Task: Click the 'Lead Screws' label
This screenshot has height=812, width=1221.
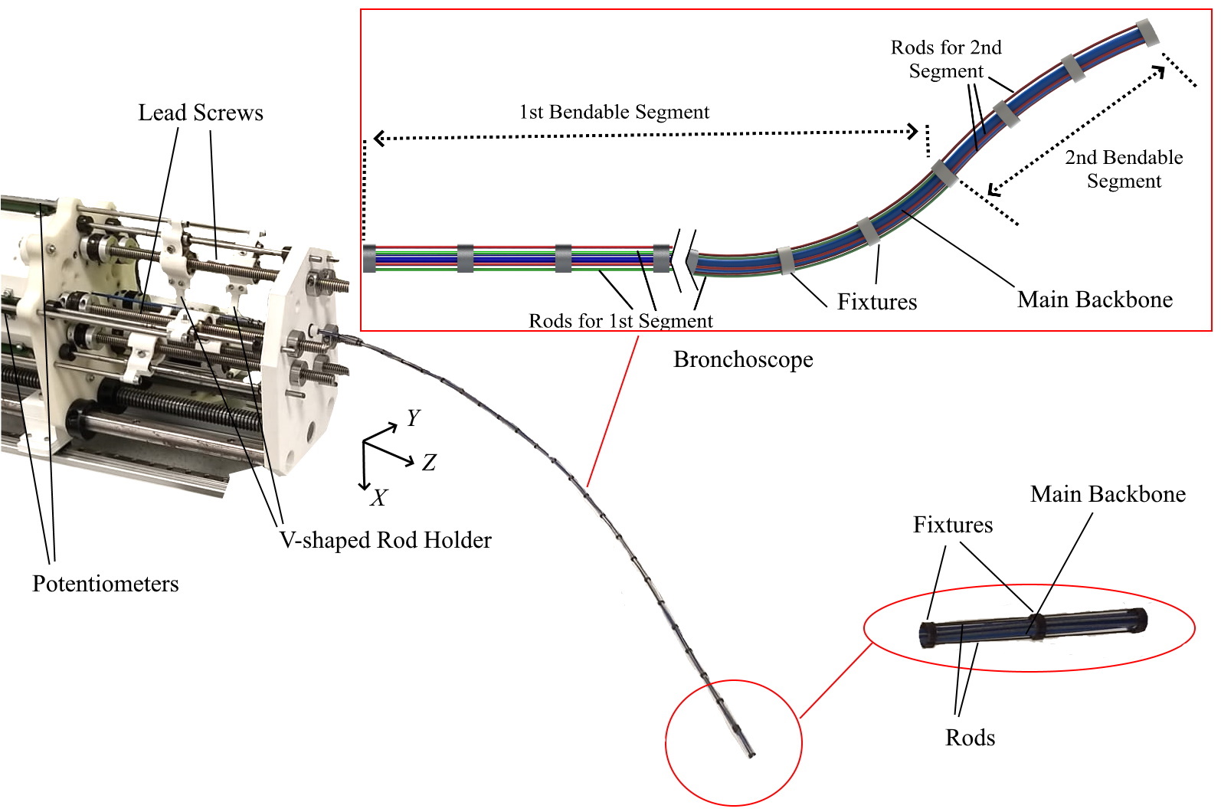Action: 201,113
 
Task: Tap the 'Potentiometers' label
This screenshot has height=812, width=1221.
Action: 106,584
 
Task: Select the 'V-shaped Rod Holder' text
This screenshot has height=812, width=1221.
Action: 385,540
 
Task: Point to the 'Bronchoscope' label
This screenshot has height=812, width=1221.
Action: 743,359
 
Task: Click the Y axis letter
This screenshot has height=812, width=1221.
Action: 414,417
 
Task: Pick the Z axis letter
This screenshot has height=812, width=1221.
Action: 429,463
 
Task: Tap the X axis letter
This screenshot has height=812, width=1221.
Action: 378,499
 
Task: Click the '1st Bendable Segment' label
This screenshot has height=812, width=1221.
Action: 614,112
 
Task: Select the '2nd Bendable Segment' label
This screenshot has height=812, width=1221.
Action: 1124,169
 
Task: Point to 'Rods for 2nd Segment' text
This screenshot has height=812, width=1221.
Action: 946,59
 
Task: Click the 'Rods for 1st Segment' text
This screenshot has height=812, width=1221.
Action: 620,321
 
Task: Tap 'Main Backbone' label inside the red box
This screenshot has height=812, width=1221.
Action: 1095,300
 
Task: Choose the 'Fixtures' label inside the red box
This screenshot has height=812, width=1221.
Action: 877,302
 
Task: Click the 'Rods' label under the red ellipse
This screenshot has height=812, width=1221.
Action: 971,738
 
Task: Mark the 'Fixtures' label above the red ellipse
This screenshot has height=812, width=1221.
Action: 953,525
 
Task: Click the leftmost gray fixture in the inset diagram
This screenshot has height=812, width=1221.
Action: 369,258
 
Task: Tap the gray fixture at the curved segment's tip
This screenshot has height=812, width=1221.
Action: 1147,32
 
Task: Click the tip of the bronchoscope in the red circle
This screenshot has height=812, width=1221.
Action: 751,755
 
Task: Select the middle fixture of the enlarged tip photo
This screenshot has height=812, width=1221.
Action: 1036,626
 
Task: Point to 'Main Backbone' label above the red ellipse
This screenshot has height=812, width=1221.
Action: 1108,494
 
